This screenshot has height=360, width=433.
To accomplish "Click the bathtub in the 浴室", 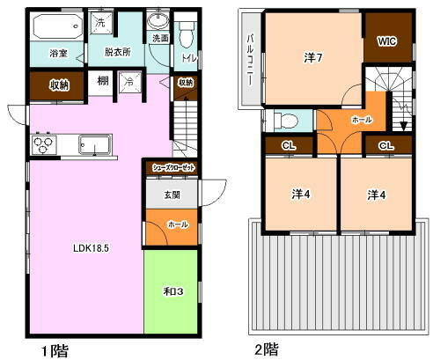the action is pyautogui.click(x=57, y=26).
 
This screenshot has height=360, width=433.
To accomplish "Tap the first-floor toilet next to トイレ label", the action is pyautogui.click(x=187, y=34).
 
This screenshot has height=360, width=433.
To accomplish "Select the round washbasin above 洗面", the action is pyautogui.click(x=158, y=20).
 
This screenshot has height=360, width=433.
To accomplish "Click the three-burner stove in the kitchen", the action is pyautogui.click(x=44, y=144).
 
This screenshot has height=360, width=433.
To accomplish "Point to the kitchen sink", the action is pyautogui.click(x=95, y=144).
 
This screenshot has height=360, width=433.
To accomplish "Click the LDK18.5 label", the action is pyautogui.click(x=91, y=248).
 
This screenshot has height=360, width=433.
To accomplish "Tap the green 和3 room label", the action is pyautogui.click(x=173, y=291).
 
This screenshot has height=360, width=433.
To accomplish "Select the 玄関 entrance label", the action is pyautogui.click(x=172, y=195).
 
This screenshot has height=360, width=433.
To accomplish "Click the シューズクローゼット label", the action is pyautogui.click(x=173, y=168).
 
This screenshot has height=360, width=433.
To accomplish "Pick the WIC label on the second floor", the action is pyautogui.click(x=387, y=41).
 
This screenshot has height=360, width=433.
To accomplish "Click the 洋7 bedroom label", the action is pyautogui.click(x=313, y=57).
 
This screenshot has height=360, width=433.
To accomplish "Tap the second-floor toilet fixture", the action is pyautogui.click(x=285, y=121).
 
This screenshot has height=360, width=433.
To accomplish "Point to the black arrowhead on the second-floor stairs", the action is pyautogui.click(x=404, y=126).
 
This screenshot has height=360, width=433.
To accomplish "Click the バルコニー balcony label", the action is pyautogui.click(x=250, y=60).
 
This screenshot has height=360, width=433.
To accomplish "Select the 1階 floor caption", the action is pyautogui.click(x=55, y=350).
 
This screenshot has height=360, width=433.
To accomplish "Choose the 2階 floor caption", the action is pyautogui.click(x=267, y=349).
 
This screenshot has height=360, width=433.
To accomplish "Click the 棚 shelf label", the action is pyautogui.click(x=103, y=80).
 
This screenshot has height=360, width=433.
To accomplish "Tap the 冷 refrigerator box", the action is pyautogui.click(x=129, y=82).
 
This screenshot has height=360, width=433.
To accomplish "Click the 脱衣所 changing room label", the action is pyautogui.click(x=118, y=52).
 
